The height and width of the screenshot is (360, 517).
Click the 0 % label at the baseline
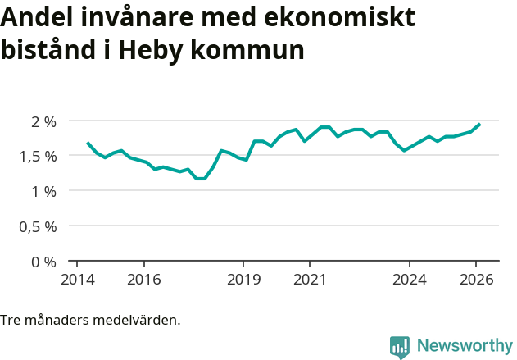[x=43, y=262]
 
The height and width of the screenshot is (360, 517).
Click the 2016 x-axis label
[x=143, y=279]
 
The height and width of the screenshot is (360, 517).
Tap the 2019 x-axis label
[x=243, y=279]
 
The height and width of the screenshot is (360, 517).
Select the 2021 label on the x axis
[x=310, y=279]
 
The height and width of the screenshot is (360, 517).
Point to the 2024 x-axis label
[x=410, y=279]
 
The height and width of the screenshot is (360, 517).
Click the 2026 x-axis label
[x=476, y=279]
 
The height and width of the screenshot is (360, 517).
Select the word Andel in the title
[x=34, y=18]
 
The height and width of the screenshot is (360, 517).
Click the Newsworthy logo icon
[x=400, y=346]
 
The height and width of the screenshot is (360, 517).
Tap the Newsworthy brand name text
[x=464, y=346]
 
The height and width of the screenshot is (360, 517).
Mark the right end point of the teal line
[x=479, y=125]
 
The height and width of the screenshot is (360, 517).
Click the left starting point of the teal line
[x=88, y=143]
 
